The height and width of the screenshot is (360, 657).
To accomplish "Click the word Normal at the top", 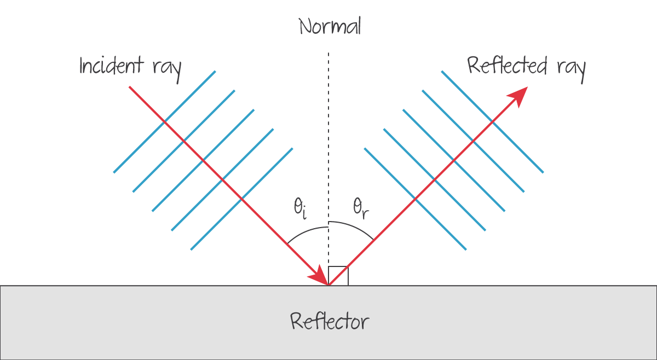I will point(330,26).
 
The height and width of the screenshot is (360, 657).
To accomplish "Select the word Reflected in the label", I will point(507,66).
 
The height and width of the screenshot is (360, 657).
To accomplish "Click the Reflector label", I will point(330,321).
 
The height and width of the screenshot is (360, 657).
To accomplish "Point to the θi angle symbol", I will point(299,208).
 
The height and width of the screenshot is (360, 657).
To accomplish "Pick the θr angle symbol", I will point(361,207).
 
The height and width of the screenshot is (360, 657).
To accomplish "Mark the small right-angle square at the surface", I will point(338,276).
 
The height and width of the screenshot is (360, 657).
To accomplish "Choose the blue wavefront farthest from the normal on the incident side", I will point(164,122).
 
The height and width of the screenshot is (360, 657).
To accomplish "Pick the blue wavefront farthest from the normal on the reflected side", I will point(492,122).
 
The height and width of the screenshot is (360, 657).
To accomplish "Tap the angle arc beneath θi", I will point(307,227).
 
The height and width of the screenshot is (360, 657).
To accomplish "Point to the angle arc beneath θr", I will point(353,226).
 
